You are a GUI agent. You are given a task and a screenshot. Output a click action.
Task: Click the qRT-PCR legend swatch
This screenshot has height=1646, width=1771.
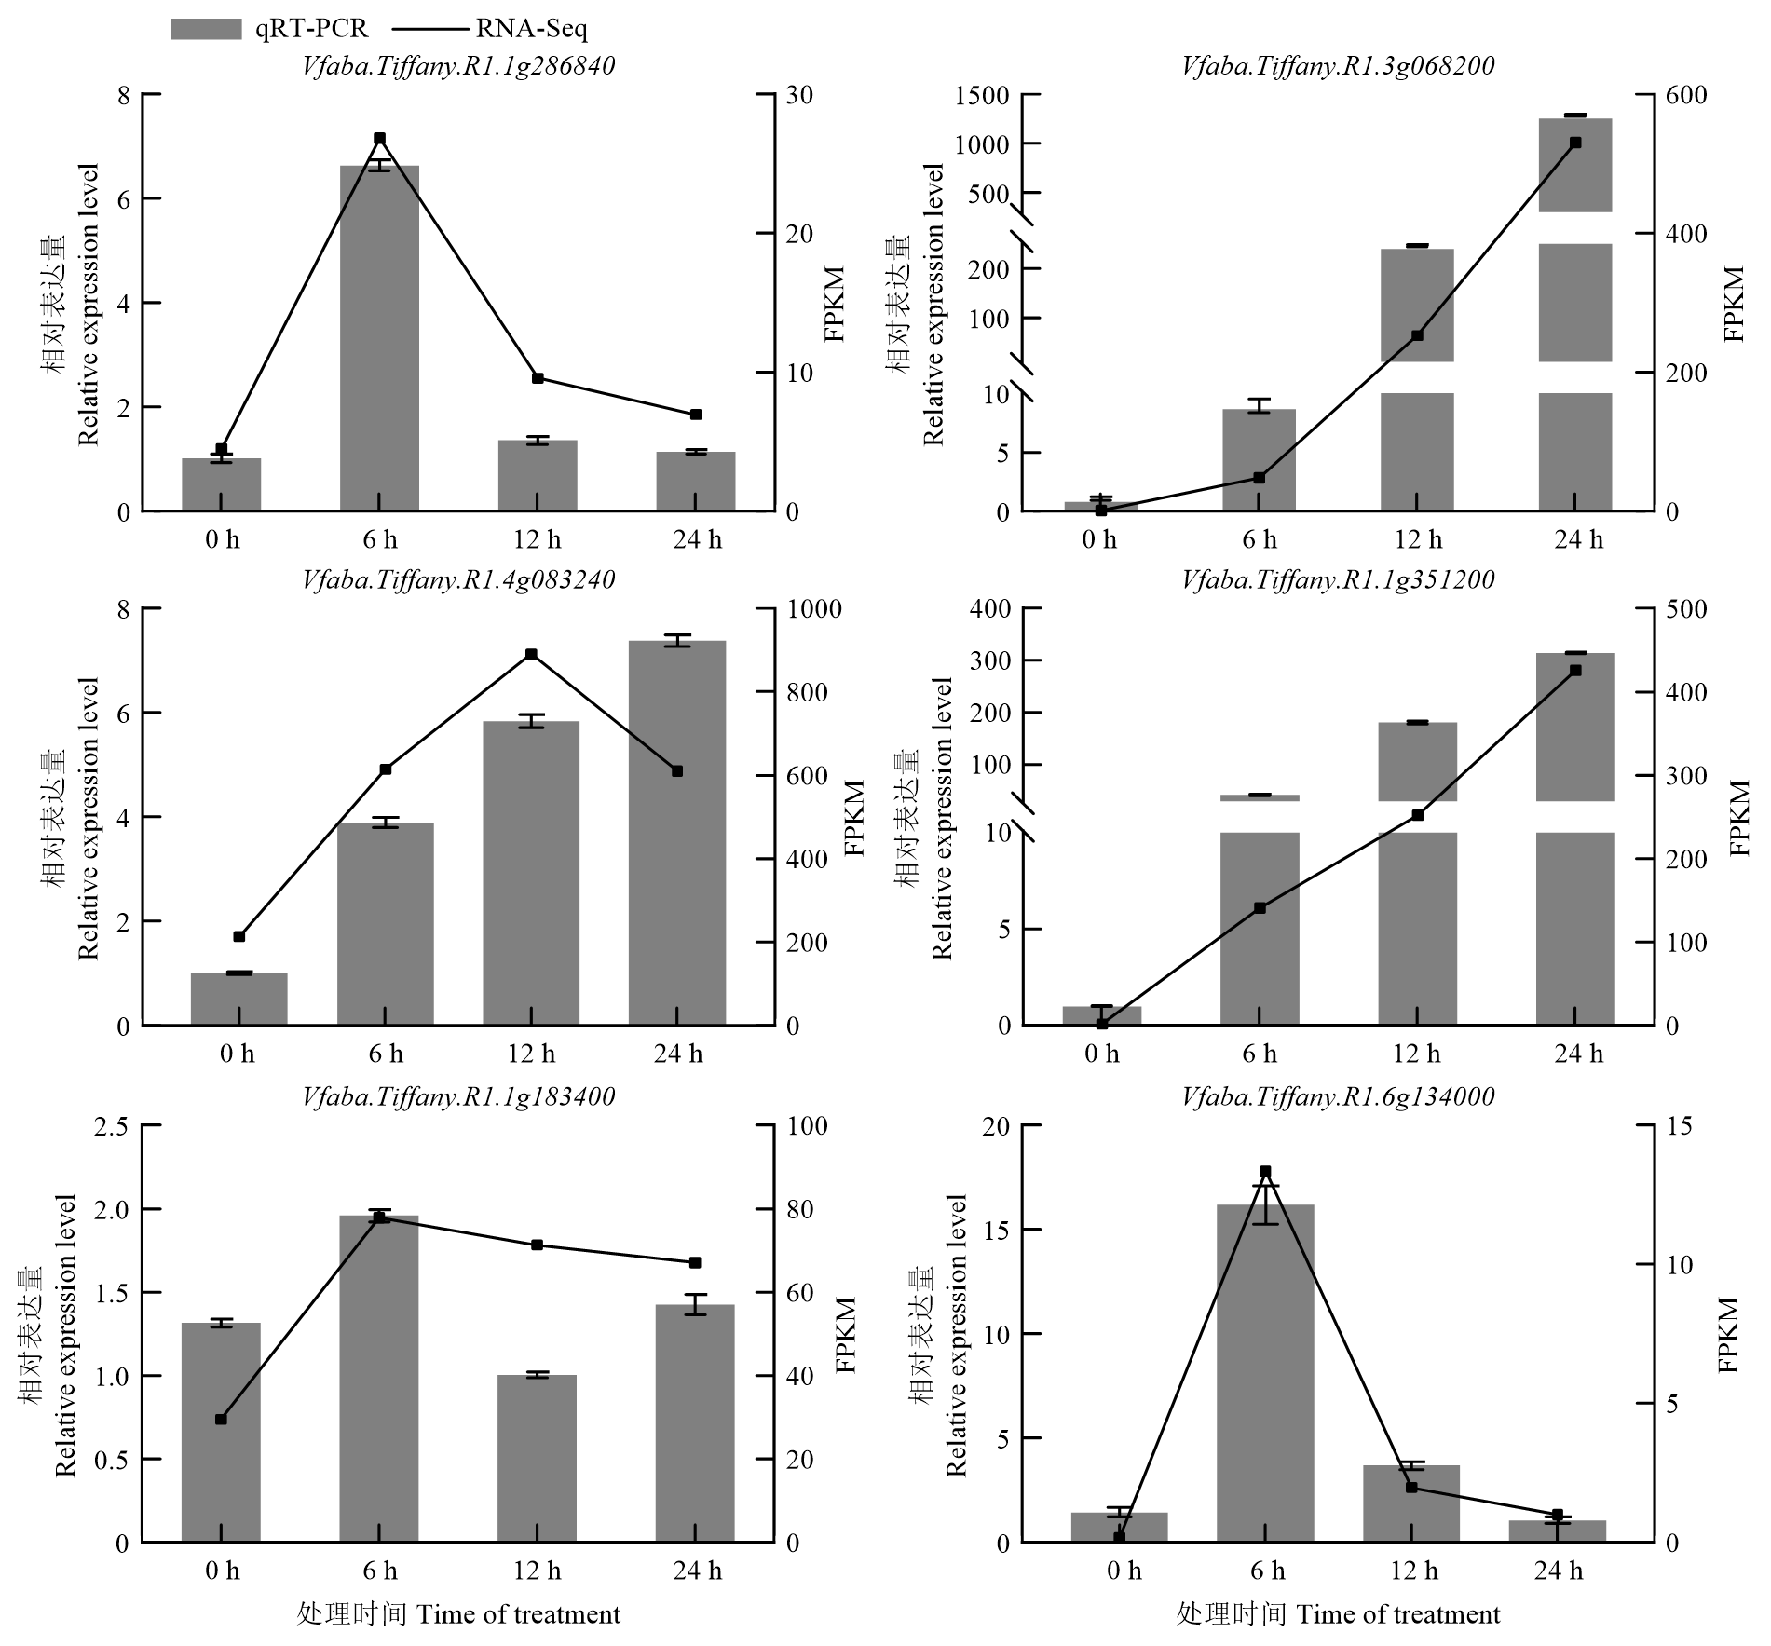coord(206,29)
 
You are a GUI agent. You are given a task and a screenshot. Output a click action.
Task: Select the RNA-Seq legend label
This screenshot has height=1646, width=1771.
coord(531,29)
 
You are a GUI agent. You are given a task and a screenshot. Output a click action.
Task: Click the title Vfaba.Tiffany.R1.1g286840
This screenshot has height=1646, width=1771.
coord(458,66)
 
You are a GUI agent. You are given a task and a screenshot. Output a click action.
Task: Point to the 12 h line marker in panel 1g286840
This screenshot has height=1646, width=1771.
coord(538,378)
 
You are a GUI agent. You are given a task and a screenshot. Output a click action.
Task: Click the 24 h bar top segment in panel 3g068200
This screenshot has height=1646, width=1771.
coord(1575,165)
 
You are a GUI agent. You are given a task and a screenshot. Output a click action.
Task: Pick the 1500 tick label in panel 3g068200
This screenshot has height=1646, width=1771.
coord(982,95)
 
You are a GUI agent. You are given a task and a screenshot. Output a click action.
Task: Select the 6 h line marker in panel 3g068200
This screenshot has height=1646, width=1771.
coord(1260,478)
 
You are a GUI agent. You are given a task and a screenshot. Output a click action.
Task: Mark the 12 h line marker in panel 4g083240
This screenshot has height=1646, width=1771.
coord(531,654)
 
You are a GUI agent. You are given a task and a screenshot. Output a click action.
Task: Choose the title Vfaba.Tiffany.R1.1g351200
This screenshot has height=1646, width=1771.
coord(1338,580)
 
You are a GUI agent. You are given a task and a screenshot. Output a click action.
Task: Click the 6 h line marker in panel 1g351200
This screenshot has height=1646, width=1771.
coord(1260,907)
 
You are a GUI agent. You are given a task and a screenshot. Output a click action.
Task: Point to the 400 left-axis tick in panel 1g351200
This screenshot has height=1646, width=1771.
coord(991,609)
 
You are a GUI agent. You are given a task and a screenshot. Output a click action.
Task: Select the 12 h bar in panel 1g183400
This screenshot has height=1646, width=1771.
coord(538,1458)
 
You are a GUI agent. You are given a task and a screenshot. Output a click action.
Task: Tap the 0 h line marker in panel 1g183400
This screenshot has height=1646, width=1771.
coord(221,1420)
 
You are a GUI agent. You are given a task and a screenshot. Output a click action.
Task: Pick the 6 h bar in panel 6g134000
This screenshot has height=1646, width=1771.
coord(1265,1373)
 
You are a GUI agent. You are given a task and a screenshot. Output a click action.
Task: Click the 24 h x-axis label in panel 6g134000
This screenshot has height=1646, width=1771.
coord(1559,1571)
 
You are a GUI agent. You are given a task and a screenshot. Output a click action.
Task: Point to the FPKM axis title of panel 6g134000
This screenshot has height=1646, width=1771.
coord(1729,1334)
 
